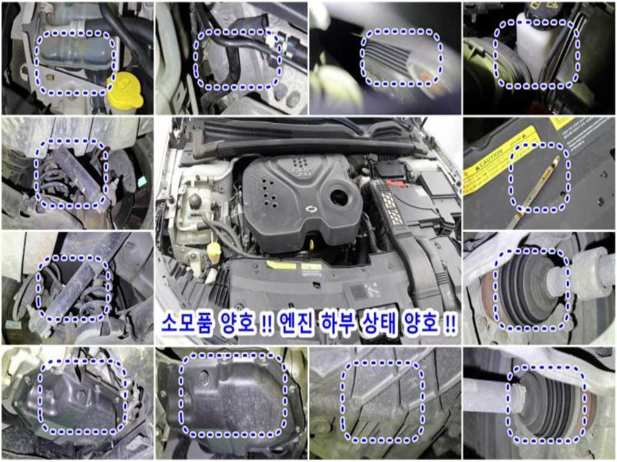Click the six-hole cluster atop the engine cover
point(299,163)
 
